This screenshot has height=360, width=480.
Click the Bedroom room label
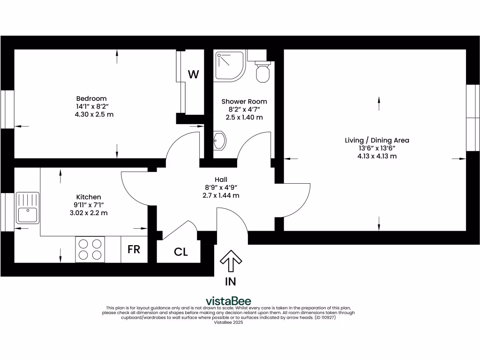tap(91, 98)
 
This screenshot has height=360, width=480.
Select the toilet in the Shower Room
tap(262, 71)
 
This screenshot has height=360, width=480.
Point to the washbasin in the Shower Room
tap(219, 140)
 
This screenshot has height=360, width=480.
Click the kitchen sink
tap(27, 208)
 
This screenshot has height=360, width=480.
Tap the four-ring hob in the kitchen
tap(90, 249)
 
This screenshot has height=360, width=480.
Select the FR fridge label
tap(134, 249)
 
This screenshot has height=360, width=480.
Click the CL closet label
tap(181, 252)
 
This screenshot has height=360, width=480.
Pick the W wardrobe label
tap(194, 74)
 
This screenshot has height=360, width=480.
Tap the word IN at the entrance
tap(231, 282)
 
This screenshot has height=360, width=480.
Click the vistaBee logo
tap(229, 301)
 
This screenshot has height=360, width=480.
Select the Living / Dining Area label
tap(377, 140)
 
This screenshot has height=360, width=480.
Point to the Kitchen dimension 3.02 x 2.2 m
tap(89, 213)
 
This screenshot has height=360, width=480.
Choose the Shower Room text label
tap(244, 101)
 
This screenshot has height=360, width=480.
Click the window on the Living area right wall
tap(472, 118)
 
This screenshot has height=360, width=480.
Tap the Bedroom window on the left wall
tap(7, 109)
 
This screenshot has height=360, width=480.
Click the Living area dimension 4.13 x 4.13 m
tap(377, 156)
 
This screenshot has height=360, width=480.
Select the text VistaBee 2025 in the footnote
tap(229, 322)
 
